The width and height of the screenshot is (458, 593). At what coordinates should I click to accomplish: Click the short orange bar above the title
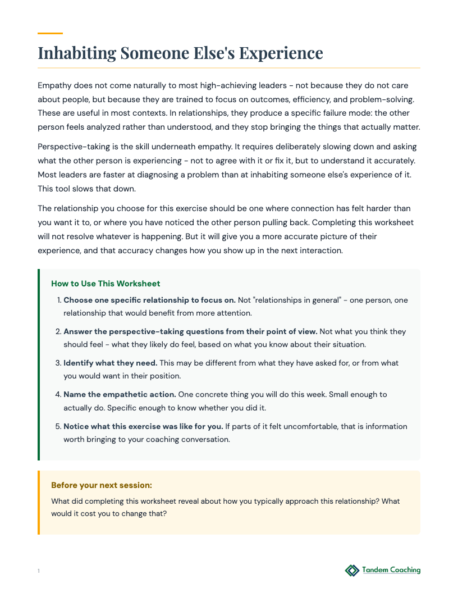[50, 34]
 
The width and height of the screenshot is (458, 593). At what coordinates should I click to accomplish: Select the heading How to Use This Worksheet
[106, 284]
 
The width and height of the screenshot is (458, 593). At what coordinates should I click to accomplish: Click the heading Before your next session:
[102, 485]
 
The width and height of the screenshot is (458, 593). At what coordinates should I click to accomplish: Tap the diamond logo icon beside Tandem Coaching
[352, 571]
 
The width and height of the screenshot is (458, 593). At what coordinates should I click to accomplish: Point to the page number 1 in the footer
[39, 571]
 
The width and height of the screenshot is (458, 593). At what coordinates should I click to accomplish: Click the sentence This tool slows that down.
[84, 188]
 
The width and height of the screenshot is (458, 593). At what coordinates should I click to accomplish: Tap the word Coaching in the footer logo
[405, 570]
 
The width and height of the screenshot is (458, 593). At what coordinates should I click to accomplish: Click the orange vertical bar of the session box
[39, 502]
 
